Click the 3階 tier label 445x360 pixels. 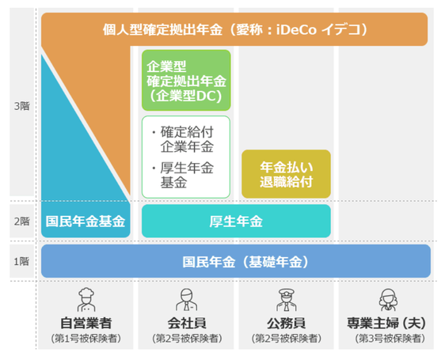click(22, 106)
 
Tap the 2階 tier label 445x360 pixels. click(22, 222)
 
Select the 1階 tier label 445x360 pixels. click(22, 261)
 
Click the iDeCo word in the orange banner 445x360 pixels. click(296, 29)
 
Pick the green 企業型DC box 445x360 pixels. click(186, 80)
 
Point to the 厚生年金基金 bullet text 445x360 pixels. click(183, 175)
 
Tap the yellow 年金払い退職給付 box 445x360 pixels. click(286, 174)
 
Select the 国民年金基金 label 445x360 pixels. click(86, 222)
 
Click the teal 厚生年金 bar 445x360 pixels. click(236, 221)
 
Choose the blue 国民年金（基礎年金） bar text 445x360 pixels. click(245, 262)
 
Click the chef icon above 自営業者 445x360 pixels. click(86, 300)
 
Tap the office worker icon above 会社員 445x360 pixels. click(186, 300)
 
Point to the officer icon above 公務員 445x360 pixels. click(287, 300)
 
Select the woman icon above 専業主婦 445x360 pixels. click(388, 300)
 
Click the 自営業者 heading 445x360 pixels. click(86, 323)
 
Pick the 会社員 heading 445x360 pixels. click(187, 323)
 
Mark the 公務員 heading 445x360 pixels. click(287, 323)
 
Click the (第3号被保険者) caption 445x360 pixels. click(390, 338)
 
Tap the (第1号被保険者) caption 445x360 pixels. click(86, 338)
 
